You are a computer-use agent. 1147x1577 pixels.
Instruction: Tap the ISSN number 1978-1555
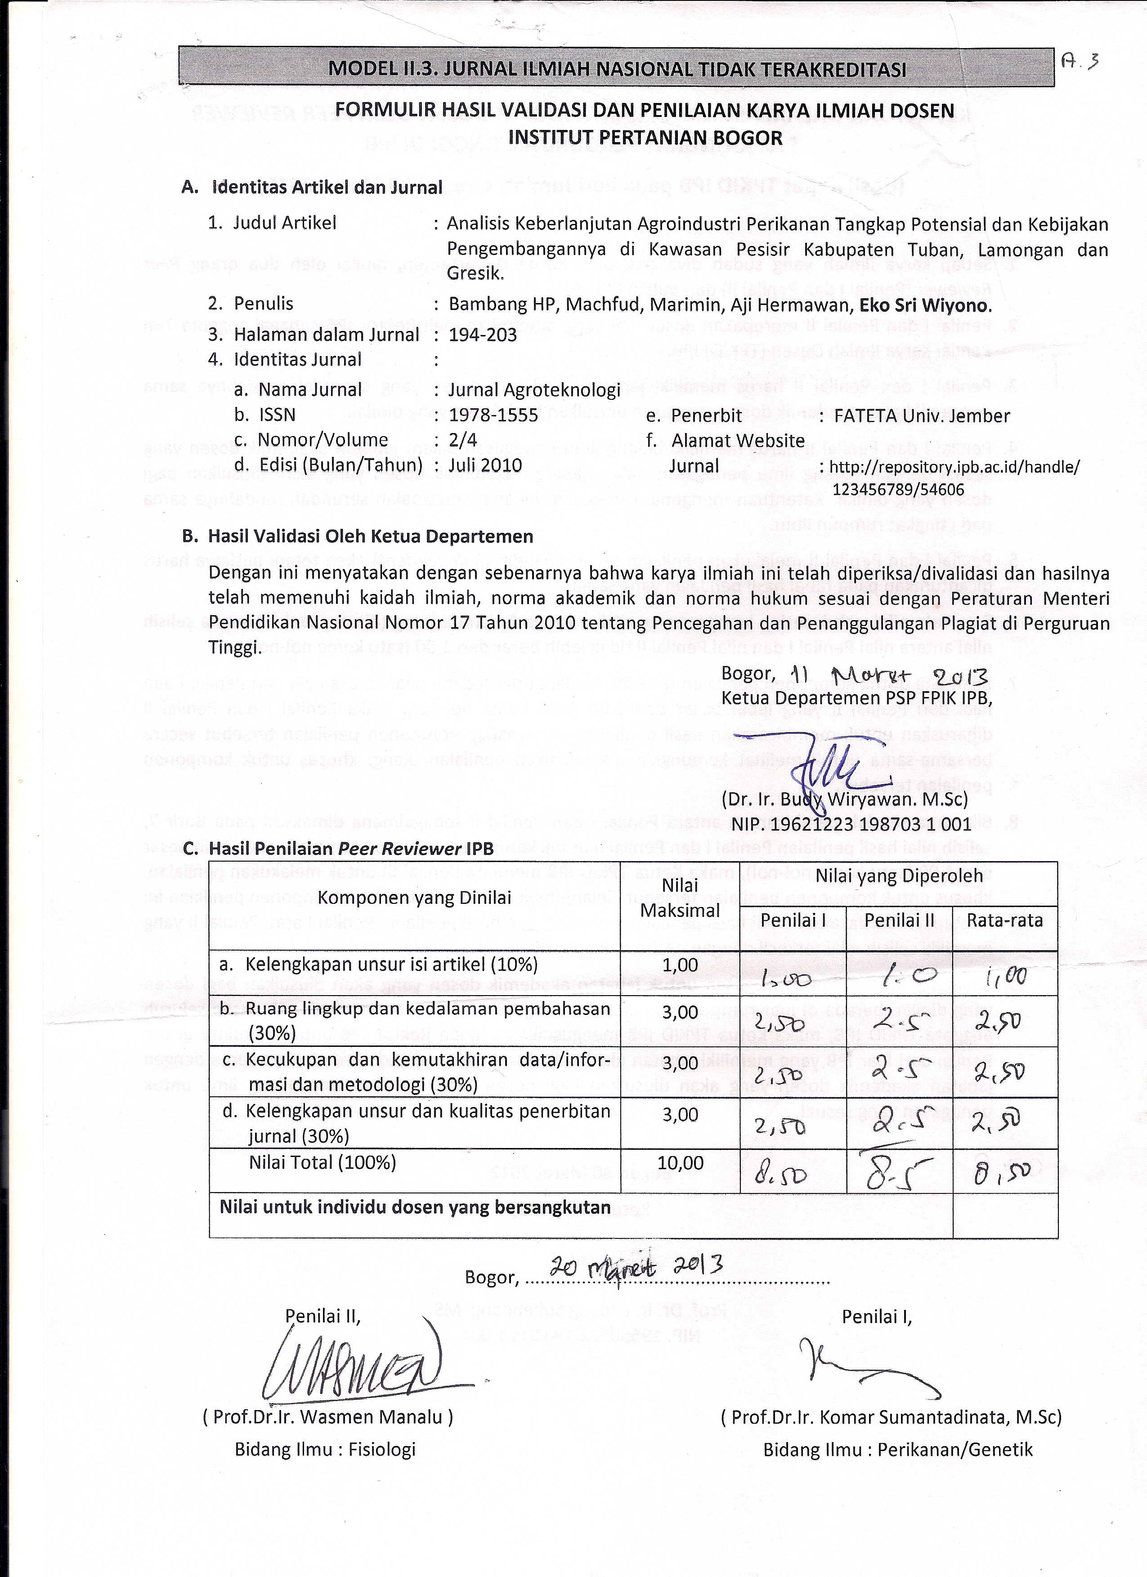[493, 415]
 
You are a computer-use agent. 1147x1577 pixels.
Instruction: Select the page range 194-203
[483, 335]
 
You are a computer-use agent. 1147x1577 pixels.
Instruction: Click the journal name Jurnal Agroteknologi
[533, 390]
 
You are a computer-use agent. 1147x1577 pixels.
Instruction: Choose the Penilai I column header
[793, 920]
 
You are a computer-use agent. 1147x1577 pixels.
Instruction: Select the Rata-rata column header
[1004, 920]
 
